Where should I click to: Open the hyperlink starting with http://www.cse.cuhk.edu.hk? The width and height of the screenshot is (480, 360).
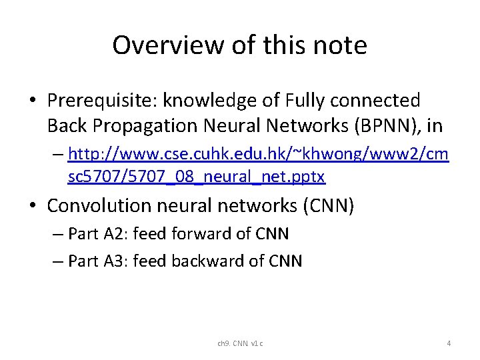pyautogui.click(x=259, y=155)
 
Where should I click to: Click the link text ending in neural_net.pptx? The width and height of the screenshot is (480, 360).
pyautogui.click(x=197, y=177)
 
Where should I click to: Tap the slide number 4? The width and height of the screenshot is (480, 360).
pyautogui.click(x=449, y=343)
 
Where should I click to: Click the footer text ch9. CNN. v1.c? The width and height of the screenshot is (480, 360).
pyautogui.click(x=240, y=343)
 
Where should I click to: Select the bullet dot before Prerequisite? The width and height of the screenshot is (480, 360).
pyautogui.click(x=33, y=101)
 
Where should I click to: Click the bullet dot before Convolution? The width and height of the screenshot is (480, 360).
pyautogui.click(x=33, y=207)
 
